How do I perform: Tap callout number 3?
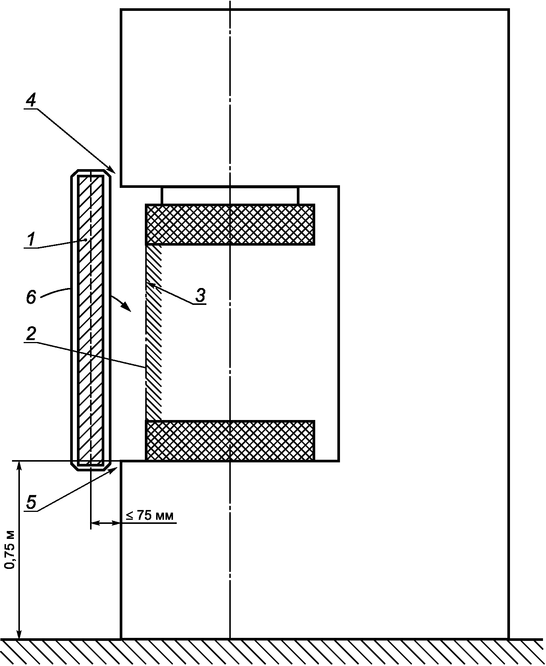(201, 295)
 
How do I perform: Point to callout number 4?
(32, 100)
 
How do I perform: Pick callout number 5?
(32, 502)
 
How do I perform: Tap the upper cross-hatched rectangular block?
(230, 225)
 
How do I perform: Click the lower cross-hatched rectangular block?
(230, 441)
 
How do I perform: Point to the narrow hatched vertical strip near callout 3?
(153, 333)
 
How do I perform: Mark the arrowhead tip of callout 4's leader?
(115, 173)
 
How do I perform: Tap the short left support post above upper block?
(162, 195)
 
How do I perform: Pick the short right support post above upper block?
(298, 195)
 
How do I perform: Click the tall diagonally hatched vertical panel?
(91, 320)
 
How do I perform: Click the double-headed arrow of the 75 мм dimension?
(105, 522)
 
